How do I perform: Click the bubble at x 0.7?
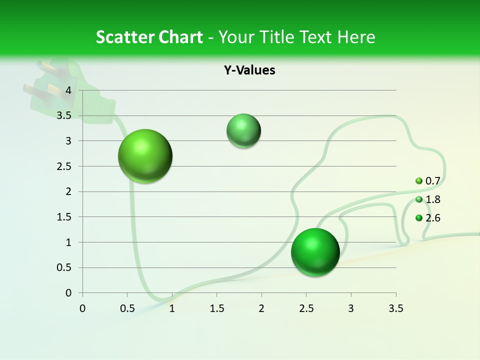[x=145, y=156]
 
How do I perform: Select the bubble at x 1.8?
[x=243, y=131]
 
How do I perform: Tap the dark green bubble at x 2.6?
[x=315, y=252]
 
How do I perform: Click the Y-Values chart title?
[x=249, y=70]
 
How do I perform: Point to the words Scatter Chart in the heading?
[x=149, y=37]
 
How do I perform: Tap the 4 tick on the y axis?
[x=68, y=90]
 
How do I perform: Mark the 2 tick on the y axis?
[x=68, y=191]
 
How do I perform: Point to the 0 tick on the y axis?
[x=68, y=293]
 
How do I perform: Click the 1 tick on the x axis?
[x=172, y=308]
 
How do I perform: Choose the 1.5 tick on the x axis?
[x=216, y=308]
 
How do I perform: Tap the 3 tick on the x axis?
[x=351, y=308]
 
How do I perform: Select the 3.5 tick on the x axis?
[x=396, y=308]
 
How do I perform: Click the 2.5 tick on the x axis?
[x=306, y=308]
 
